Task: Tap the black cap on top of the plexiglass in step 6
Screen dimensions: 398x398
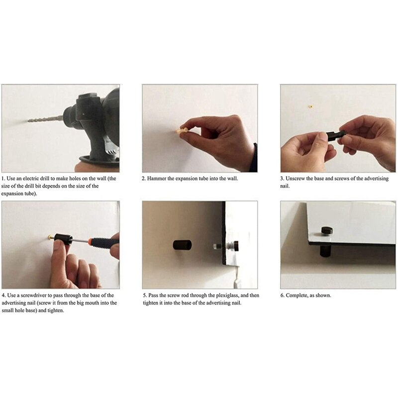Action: coord(326,230)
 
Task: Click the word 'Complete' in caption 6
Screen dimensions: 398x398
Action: coord(298,295)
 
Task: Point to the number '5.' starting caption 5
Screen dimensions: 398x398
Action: coord(144,295)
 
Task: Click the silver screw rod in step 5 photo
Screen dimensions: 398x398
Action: coord(219,245)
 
